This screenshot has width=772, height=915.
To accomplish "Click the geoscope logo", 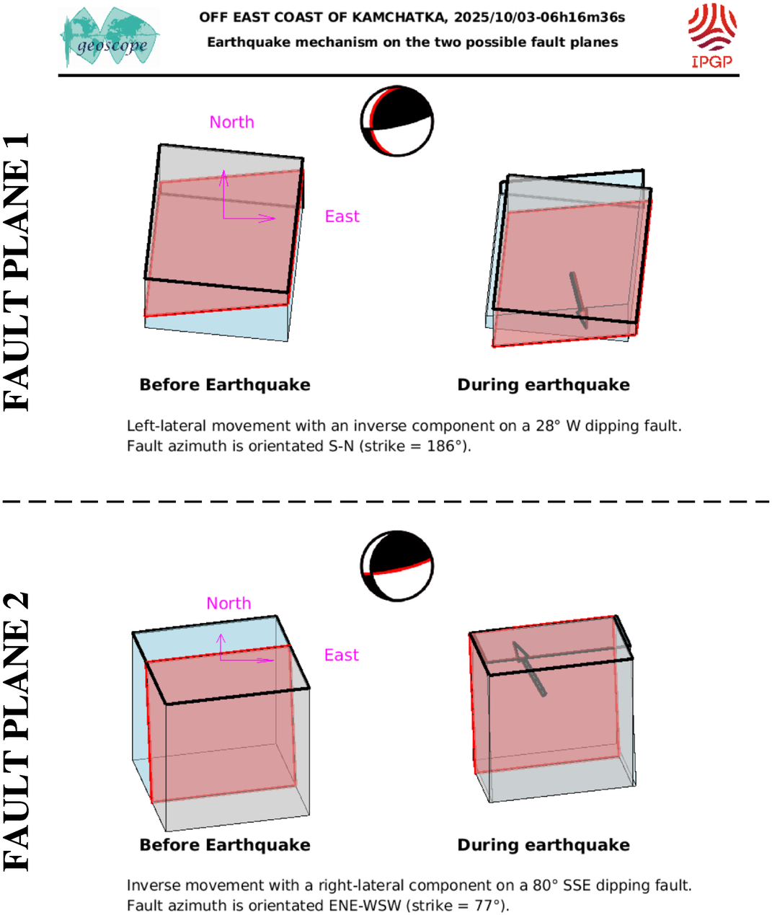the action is tap(110, 37).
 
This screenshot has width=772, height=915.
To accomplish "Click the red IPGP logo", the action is tap(712, 35).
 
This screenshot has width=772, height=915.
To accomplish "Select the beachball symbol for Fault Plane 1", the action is tap(397, 121).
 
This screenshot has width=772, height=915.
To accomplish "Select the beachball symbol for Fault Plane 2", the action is tap(397, 566).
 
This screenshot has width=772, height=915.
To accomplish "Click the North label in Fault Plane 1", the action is tap(232, 123).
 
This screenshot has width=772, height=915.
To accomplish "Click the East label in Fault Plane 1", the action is tap(342, 216).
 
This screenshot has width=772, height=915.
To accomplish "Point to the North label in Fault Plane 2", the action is tap(229, 604).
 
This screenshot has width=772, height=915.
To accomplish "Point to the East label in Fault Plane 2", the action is tap(342, 655).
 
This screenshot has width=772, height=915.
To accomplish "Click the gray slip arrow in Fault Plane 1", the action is tap(578, 300).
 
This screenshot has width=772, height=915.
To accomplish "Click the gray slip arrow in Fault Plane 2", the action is tap(529, 668).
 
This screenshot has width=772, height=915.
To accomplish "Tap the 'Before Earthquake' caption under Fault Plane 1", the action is tap(225, 385).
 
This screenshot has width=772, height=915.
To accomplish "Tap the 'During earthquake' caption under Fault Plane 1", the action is tap(543, 385).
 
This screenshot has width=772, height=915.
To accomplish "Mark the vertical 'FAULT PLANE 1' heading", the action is tap(16, 272).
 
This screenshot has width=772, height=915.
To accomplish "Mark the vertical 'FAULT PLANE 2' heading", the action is tap(16, 732).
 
